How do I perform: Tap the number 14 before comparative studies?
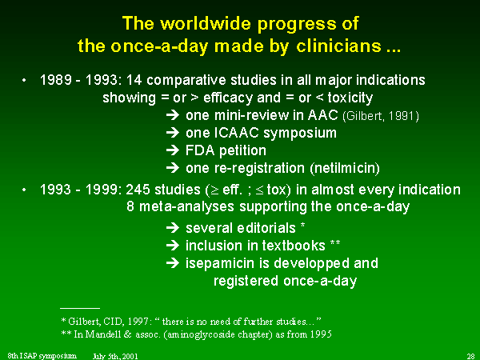[134, 80]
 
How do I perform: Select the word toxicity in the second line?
[350, 98]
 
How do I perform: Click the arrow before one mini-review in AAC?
[173, 115]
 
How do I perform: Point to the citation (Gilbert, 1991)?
[381, 116]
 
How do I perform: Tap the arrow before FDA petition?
[173, 150]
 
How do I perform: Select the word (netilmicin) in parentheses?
[345, 168]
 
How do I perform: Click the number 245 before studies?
[138, 190]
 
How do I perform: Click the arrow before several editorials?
[173, 228]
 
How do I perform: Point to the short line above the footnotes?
[80, 308]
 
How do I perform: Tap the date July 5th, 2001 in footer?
[115, 356]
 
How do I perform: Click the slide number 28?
[470, 356]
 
